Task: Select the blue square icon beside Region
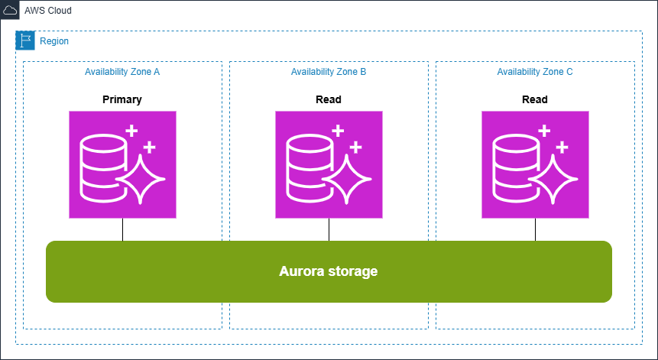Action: (25, 41)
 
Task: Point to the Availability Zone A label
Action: (122, 72)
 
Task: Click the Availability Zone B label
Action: (329, 72)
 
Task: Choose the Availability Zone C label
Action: (535, 72)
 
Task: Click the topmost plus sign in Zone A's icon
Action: (131, 130)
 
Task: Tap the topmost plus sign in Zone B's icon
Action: (338, 130)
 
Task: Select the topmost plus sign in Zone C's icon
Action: (544, 130)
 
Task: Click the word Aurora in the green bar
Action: (300, 271)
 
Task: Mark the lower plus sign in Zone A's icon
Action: (151, 146)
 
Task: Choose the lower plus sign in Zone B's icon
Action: (357, 146)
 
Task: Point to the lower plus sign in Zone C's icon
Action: (563, 146)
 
